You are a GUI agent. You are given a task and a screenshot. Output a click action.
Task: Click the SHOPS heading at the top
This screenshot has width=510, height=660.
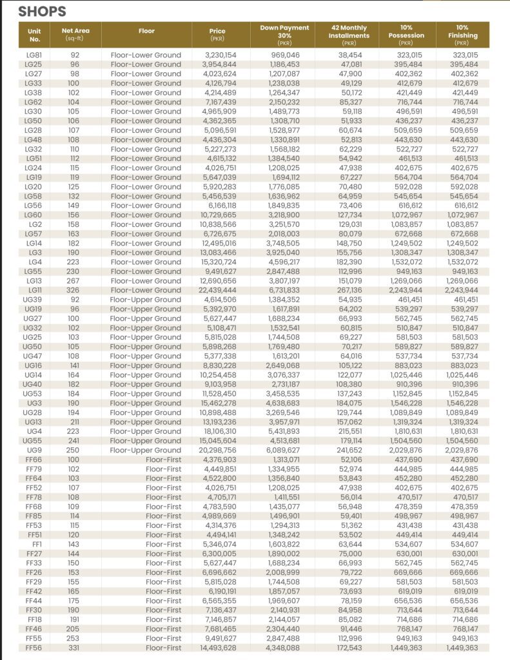coord(42,12)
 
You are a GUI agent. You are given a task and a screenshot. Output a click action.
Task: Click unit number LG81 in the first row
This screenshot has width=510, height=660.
coord(34,55)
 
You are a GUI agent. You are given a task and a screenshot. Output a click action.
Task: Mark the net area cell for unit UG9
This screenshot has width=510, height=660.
coord(75,450)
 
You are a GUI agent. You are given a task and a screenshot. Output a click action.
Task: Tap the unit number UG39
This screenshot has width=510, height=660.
coord(34,300)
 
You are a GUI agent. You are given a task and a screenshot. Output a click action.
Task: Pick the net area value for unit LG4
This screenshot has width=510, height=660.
coord(75,262)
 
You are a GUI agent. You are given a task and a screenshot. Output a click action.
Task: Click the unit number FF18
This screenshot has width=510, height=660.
coord(34,619)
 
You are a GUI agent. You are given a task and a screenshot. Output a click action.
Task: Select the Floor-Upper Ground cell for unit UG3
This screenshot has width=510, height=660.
coord(146,403)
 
